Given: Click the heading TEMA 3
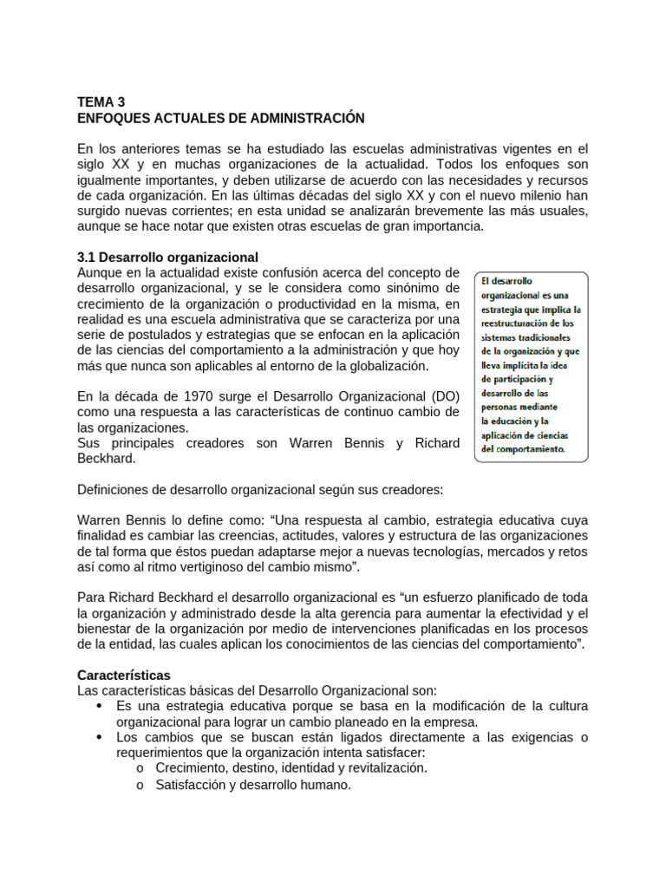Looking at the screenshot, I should [x=101, y=101].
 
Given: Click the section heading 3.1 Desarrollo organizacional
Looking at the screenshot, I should [x=168, y=258].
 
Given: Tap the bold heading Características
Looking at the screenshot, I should [x=124, y=675].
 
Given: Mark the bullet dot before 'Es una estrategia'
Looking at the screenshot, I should [x=99, y=706].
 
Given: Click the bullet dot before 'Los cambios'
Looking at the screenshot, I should [x=99, y=737].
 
